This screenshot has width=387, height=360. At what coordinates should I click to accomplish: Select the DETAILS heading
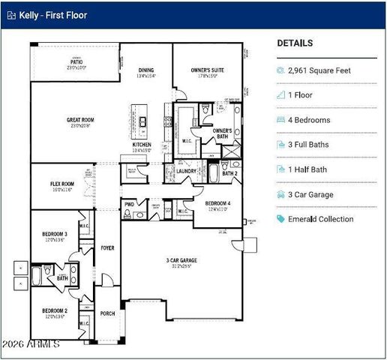tap(295, 43)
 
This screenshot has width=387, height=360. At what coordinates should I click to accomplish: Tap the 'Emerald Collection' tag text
tap(321, 219)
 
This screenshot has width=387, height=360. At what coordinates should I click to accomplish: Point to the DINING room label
tap(145, 70)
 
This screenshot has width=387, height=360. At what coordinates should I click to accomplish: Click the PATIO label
tap(76, 63)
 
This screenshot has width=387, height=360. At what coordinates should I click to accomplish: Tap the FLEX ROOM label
tap(62, 184)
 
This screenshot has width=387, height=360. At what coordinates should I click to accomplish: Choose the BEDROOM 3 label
tap(55, 235)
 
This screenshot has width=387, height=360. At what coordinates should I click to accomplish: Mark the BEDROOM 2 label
tap(55, 310)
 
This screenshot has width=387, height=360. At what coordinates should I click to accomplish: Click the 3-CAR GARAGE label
tap(182, 261)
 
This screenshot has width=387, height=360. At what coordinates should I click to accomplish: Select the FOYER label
tap(108, 247)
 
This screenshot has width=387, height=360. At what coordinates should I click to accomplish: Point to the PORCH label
tap(108, 313)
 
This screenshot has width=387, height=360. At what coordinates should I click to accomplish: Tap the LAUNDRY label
tap(187, 171)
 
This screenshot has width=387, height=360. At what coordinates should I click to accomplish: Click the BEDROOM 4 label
tap(218, 202)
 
